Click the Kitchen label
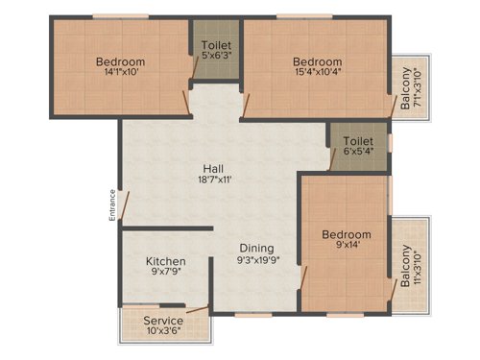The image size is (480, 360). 165,261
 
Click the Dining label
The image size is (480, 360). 256,247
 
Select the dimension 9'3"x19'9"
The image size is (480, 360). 256,260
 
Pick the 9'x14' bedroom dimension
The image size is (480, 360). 346,248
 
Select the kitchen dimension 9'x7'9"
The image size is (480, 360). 165,275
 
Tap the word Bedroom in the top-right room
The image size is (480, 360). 317,62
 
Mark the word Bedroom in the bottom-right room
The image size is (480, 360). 346,234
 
